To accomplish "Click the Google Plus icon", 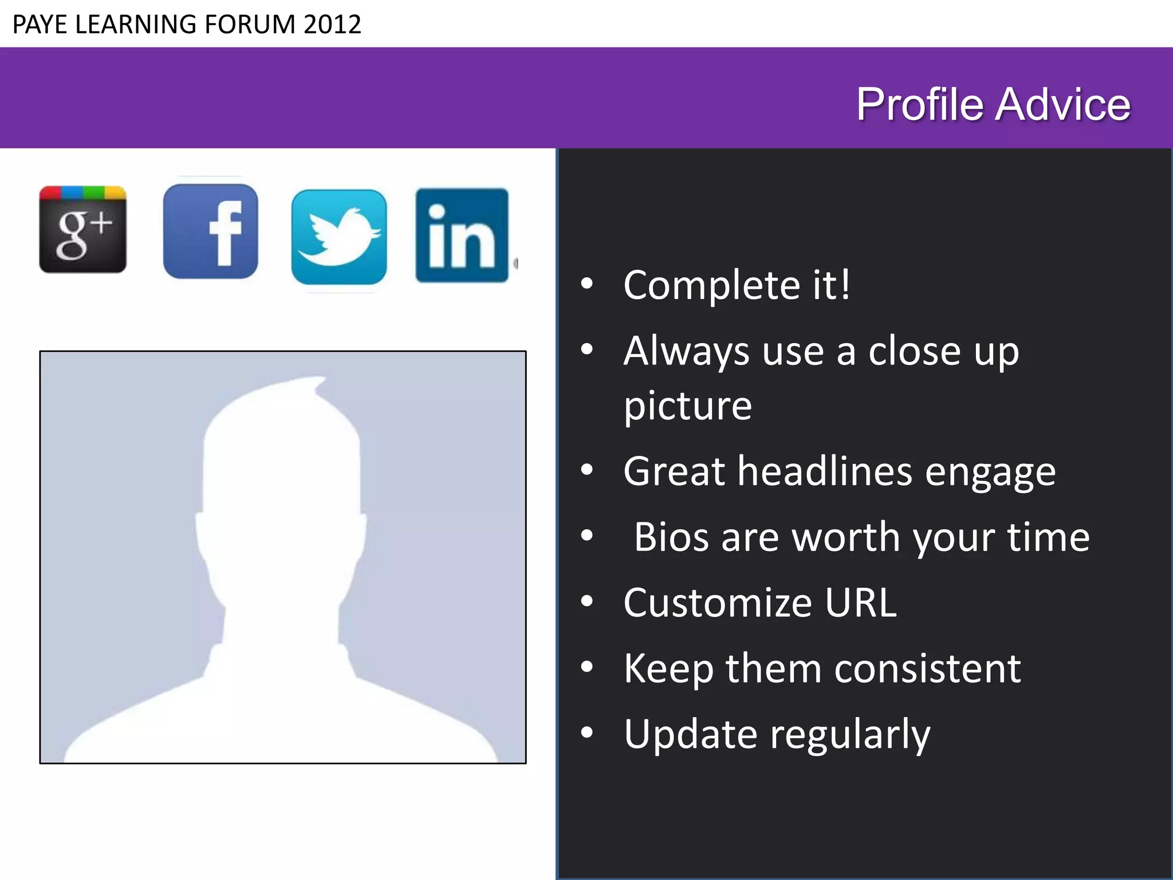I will pos(82,229).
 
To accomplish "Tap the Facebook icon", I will pos(210,231).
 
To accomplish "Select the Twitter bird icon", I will pos(338,237).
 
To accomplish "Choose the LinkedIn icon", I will pos(462,235).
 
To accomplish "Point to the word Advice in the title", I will pos(1063,104).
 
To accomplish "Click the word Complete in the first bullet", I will pos(712,285).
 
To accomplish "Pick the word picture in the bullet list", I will pos(687,406).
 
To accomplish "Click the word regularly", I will pos(850,734).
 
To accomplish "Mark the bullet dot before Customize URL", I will pos(586,602).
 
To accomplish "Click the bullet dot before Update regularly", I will pos(586,733).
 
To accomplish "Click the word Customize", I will pos(718,603).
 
